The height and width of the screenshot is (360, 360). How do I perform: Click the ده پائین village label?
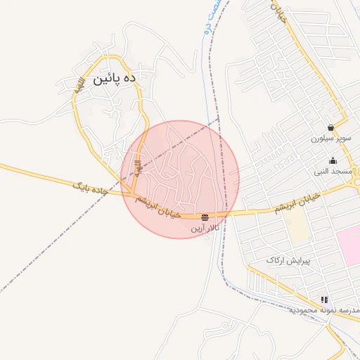tap(109, 78)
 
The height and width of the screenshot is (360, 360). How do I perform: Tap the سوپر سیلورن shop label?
tap(333, 139)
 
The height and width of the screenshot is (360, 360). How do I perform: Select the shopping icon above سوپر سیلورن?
tap(330, 127)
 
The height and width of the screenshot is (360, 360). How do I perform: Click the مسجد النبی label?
tap(333, 171)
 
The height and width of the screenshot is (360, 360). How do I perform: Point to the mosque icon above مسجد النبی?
tap(333, 160)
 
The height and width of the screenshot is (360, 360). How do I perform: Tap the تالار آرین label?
tap(205, 229)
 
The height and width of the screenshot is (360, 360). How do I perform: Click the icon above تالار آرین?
tap(205, 217)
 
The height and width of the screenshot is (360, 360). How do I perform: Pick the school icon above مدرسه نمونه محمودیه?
tap(323, 299)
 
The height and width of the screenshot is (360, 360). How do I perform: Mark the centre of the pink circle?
tap(180, 179)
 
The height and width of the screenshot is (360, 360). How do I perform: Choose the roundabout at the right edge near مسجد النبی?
tap(357, 173)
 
